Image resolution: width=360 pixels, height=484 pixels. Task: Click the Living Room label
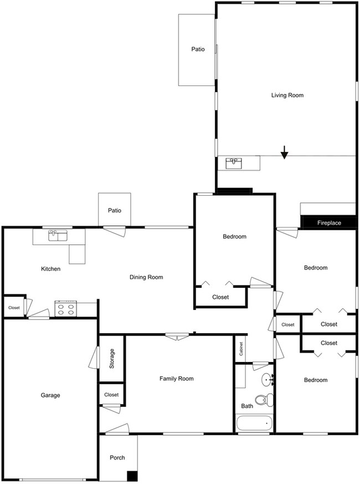[x=287, y=95]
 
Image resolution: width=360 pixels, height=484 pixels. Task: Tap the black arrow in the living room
[x=284, y=152]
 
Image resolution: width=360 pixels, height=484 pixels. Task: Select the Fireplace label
[x=328, y=223]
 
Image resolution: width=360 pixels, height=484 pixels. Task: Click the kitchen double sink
[x=58, y=236]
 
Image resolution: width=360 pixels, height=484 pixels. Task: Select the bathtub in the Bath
[x=253, y=424]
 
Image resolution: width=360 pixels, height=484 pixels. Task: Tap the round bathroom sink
[x=268, y=380]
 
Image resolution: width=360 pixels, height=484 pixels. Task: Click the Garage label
[x=50, y=395]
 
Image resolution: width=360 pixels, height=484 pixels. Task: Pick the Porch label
[x=117, y=457]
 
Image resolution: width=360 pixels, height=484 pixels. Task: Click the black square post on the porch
[x=132, y=476]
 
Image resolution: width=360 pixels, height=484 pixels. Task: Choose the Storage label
[x=112, y=359]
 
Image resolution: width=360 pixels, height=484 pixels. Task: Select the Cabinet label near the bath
[x=241, y=348]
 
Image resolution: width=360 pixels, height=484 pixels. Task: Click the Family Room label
[x=176, y=379]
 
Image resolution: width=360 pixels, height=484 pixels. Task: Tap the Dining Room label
[x=146, y=277]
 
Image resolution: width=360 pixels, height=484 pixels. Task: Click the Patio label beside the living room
[x=198, y=49]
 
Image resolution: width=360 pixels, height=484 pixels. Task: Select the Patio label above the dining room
[x=115, y=211]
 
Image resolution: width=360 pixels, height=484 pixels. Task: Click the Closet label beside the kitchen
[x=14, y=307]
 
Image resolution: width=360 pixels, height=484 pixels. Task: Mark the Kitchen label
[x=50, y=269]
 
